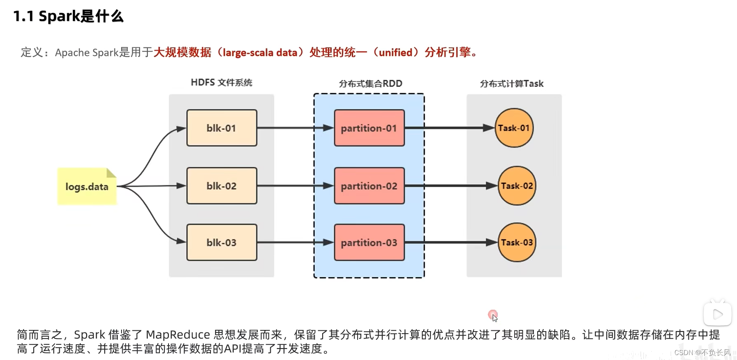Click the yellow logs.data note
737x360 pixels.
tap(87, 187)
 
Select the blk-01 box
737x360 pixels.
tap(222, 128)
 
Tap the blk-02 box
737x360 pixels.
tap(222, 186)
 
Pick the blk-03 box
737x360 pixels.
tap(222, 243)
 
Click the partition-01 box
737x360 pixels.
tap(369, 128)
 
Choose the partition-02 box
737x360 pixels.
tap(369, 186)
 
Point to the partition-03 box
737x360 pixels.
tap(369, 243)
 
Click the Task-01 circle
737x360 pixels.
tap(514, 128)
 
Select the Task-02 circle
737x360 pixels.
tap(517, 186)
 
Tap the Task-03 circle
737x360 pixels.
tap(517, 243)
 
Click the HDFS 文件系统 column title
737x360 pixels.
tap(221, 82)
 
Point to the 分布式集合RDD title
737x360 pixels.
tap(370, 84)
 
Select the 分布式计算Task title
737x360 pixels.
tap(512, 84)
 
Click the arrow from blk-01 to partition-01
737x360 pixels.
tap(295, 128)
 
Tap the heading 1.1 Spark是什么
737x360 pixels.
tap(68, 16)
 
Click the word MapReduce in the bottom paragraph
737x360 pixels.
tap(178, 334)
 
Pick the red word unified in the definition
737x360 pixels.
tap(395, 52)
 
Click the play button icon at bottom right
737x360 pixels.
tap(717, 314)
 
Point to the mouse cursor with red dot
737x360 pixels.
tap(493, 316)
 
